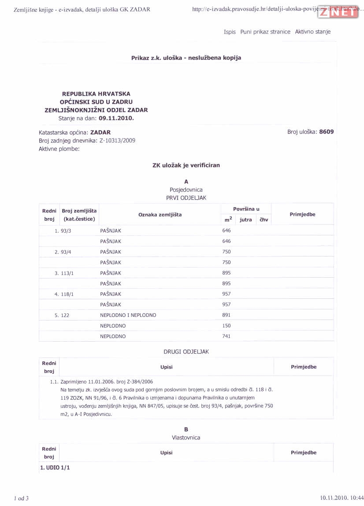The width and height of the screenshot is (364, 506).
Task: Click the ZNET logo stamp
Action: point(338,12)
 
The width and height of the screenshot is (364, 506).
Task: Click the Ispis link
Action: point(230,32)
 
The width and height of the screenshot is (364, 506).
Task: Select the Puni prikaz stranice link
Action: point(265,32)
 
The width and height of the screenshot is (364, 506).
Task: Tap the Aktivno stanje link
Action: point(312,32)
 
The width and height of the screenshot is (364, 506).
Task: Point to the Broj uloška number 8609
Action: point(327,132)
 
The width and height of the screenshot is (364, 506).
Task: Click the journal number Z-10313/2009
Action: point(117,141)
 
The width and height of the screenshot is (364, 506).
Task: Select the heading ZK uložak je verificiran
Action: point(186,165)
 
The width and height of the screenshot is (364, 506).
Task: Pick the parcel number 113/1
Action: point(67,273)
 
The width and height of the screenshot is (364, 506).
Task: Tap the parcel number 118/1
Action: point(67,294)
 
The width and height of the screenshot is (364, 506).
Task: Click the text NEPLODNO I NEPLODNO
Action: point(128,315)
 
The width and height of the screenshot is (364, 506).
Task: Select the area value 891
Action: point(227,315)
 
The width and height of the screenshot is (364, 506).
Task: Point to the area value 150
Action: point(227,326)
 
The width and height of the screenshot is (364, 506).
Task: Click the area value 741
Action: point(227,336)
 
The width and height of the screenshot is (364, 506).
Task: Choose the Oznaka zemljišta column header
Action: point(160,215)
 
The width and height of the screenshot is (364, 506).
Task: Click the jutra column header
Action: point(245,220)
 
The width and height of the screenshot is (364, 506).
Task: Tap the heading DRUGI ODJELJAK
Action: point(186,352)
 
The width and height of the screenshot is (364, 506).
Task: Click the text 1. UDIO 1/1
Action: point(55,467)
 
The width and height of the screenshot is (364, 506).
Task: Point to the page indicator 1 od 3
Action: point(21,499)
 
